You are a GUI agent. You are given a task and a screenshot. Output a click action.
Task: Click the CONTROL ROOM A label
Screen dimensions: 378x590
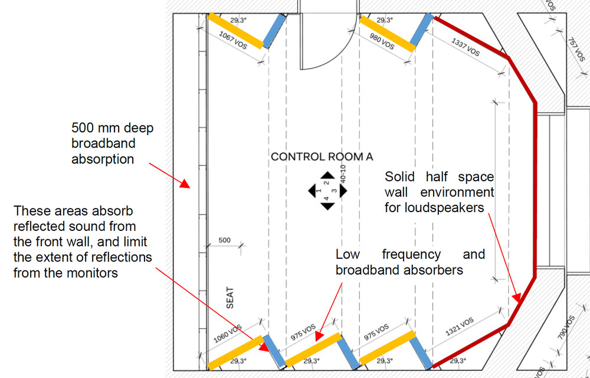[322, 157]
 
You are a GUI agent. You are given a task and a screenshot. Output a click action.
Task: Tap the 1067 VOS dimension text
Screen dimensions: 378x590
[232, 44]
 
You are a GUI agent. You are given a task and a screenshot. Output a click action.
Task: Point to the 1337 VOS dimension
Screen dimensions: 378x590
[466, 47]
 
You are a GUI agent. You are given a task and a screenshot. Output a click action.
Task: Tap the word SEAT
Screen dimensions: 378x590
[230, 298]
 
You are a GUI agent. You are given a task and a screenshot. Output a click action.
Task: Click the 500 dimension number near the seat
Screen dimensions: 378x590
[225, 240]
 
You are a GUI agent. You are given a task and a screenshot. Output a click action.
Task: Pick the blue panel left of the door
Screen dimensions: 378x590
[274, 31]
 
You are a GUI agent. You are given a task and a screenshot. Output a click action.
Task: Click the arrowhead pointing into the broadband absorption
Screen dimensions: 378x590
[186, 184]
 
